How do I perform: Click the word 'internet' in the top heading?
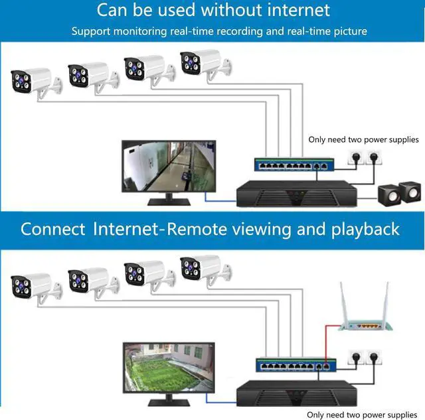tap(290, 11)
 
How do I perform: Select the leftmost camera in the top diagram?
tap(30, 80)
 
